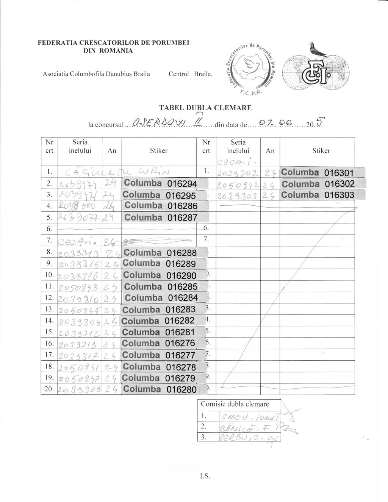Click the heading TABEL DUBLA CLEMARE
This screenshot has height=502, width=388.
(205, 108)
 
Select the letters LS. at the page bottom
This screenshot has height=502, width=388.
(205, 476)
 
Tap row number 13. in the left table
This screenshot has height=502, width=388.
(49, 309)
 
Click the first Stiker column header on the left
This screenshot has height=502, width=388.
(158, 151)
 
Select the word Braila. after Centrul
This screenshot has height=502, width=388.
(203, 74)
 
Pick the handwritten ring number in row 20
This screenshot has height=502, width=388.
(79, 389)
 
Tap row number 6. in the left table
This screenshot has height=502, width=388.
(49, 228)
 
